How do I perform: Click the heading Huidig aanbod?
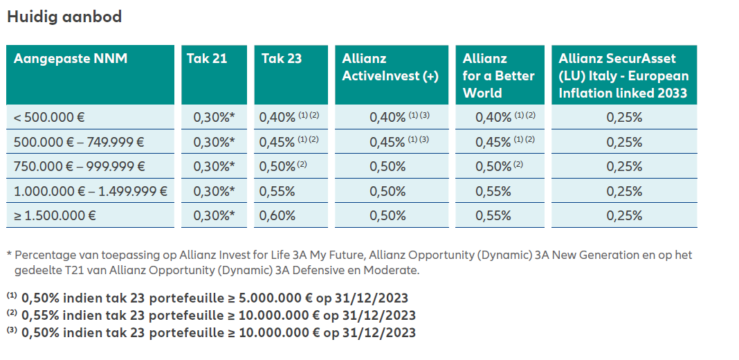64,17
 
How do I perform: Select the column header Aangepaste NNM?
71,59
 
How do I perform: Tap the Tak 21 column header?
207,59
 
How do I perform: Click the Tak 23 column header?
282,59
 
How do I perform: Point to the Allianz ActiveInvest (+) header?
390,67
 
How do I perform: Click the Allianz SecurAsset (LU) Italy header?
623,75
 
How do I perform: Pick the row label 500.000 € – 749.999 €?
79,142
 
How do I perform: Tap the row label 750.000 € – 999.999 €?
79,166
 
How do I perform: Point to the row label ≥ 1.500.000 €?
55,215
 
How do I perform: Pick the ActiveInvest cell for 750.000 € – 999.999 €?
389,166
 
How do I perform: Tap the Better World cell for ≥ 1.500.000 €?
494,215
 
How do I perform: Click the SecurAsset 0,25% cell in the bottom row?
624,215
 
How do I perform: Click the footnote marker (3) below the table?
12,331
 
